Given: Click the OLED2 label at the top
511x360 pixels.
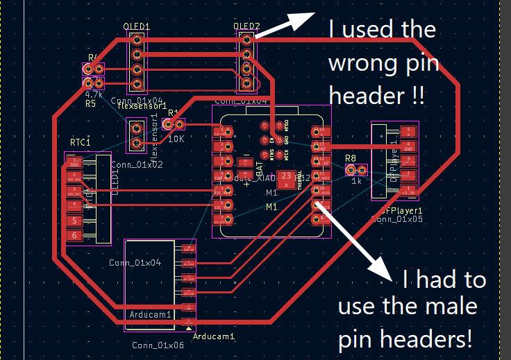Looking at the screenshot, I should tap(246, 27).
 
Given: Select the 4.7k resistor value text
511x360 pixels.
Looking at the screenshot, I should tap(94, 94).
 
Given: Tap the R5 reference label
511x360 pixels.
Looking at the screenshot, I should tap(90, 103).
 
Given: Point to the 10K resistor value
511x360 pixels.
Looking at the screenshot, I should tap(176, 138).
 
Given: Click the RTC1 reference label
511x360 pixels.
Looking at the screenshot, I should tap(81, 142).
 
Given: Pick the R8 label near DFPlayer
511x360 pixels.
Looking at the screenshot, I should tap(351, 158).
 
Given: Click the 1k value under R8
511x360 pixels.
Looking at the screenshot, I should tap(356, 181).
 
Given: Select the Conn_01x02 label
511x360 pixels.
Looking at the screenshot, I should tap(136, 165).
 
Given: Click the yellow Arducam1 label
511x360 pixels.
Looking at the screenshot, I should tap(214, 336).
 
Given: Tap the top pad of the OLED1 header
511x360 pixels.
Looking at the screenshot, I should tap(137, 40).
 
